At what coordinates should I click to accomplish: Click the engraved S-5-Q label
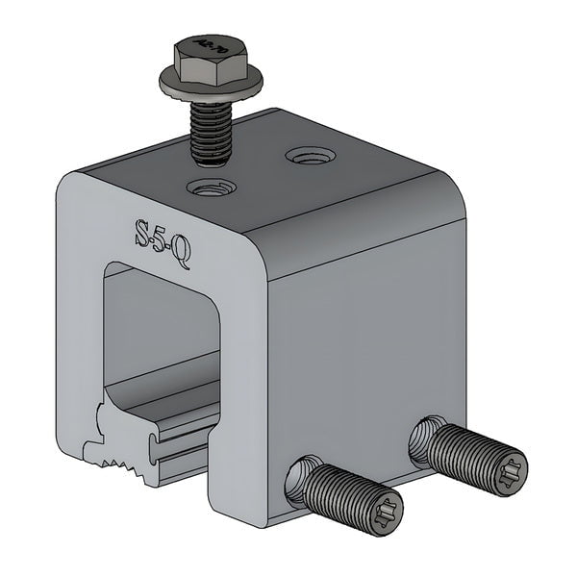point(161,240)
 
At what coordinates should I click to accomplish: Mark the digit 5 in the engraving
point(161,240)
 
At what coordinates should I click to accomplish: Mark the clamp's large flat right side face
point(365,356)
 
